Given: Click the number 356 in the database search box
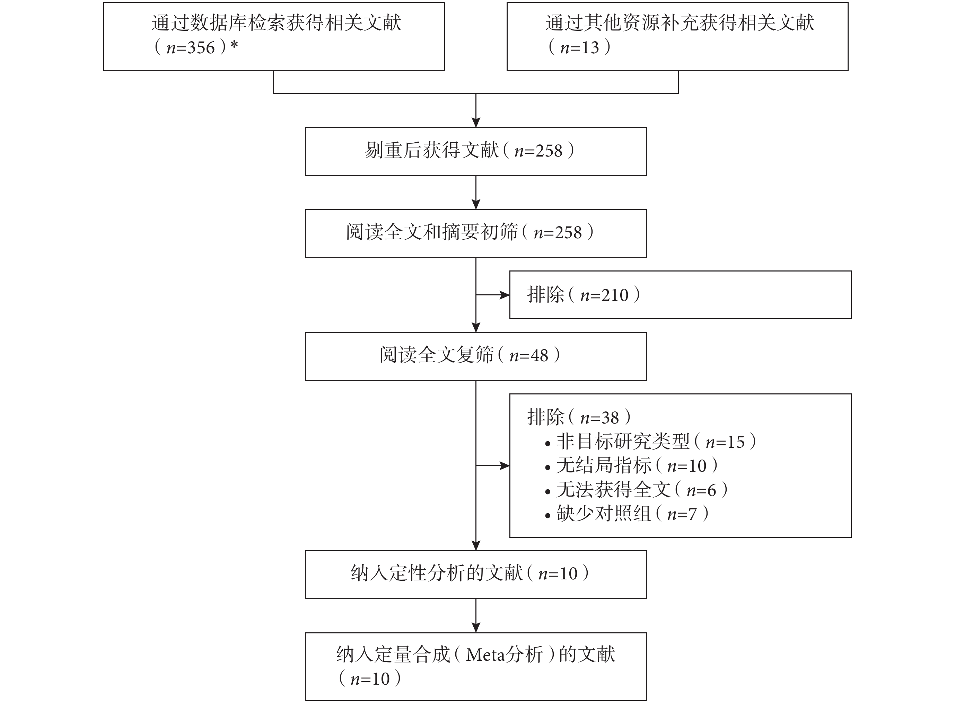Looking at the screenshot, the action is [x=201, y=48].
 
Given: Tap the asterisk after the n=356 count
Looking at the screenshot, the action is [x=234, y=45].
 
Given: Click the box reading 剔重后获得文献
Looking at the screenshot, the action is [x=475, y=151].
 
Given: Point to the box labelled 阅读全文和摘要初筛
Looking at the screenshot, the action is [x=475, y=234].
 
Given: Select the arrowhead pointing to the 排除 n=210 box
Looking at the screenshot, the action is [x=505, y=295].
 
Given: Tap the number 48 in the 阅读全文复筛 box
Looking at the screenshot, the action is [x=539, y=356].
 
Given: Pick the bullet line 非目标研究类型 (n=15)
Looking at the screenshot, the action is [x=650, y=442].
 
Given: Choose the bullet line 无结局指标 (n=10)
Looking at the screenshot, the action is [x=631, y=466].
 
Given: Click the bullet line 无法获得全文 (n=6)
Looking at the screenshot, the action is [x=636, y=490].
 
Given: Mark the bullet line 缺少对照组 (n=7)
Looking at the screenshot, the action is [x=627, y=514].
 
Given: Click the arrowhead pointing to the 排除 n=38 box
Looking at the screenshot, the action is [x=505, y=466].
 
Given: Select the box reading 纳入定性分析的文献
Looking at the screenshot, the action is [x=475, y=575].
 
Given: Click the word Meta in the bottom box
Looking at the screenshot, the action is [x=485, y=655].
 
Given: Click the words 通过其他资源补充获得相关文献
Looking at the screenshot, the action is [x=680, y=23].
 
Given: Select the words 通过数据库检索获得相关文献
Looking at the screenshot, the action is [x=276, y=23].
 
